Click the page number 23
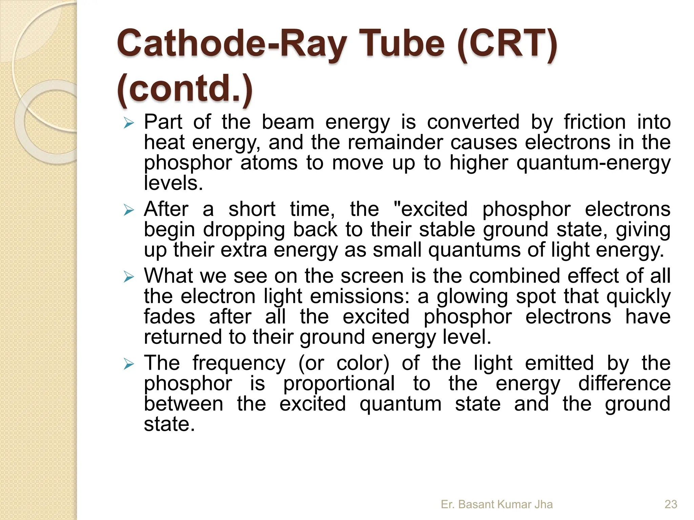coord(671,504)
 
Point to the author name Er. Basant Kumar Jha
coord(496,504)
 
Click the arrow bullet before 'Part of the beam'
coord(129,123)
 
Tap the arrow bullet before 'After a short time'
coord(129,210)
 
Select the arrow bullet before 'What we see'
coord(129,277)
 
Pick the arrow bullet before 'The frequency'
coord(129,364)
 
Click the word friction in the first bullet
coord(595,122)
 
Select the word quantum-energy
coord(593,163)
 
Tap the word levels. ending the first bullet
coord(173,183)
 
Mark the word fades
coord(169,317)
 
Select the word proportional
coord(339,384)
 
